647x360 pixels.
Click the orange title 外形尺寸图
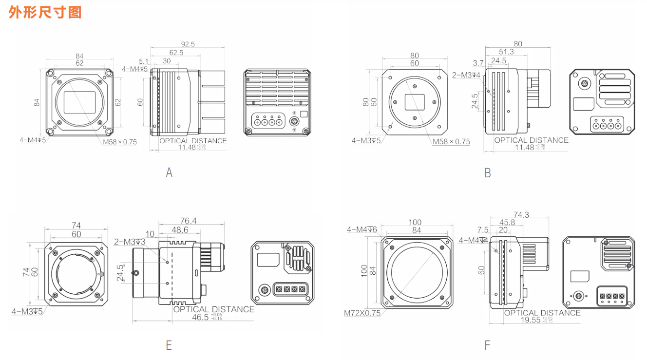[x=45, y=12]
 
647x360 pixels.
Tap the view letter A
[x=169, y=172]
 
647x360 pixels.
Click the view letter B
[x=488, y=173]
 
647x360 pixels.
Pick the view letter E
[x=169, y=345]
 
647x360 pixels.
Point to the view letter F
[x=488, y=345]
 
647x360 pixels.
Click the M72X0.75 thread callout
[x=362, y=313]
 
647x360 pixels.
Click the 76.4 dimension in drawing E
[x=188, y=221]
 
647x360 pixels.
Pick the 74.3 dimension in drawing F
[x=521, y=215]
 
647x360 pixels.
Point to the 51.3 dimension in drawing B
[x=506, y=52]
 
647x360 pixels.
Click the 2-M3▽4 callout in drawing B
[x=466, y=75]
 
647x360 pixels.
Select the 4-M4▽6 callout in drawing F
[x=362, y=229]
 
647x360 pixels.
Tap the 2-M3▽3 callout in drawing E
[x=130, y=242]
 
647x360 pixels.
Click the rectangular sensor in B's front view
[x=415, y=102]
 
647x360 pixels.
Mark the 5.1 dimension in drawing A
[x=144, y=61]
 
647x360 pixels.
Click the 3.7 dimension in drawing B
[x=478, y=63]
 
